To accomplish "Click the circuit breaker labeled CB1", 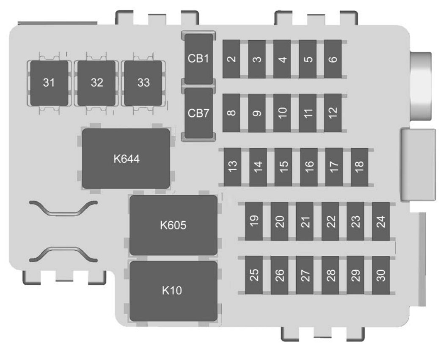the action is pyautogui.click(x=198, y=59).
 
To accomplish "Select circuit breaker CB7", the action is pyautogui.click(x=198, y=113).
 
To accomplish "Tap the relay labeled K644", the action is pyautogui.click(x=126, y=159).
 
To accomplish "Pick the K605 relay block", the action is pyautogui.click(x=173, y=225).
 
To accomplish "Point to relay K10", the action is pyautogui.click(x=173, y=291).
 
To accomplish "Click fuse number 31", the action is pyautogui.click(x=49, y=83).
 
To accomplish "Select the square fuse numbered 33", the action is pyautogui.click(x=143, y=83).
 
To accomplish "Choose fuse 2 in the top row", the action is pyautogui.click(x=231, y=59).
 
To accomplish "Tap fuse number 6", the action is pyautogui.click(x=333, y=59).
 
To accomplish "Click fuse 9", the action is pyautogui.click(x=257, y=113).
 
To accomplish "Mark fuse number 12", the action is pyautogui.click(x=333, y=113).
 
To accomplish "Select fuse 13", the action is pyautogui.click(x=233, y=167).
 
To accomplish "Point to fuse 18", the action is pyautogui.click(x=359, y=167).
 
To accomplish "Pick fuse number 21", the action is pyautogui.click(x=305, y=221).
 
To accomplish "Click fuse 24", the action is pyautogui.click(x=381, y=221).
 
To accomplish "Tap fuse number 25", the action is pyautogui.click(x=254, y=275).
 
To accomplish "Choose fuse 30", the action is pyautogui.click(x=381, y=275).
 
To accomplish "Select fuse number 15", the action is pyautogui.click(x=283, y=167).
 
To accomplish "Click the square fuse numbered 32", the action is pyautogui.click(x=96, y=83).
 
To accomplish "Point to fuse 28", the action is pyautogui.click(x=330, y=275).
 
